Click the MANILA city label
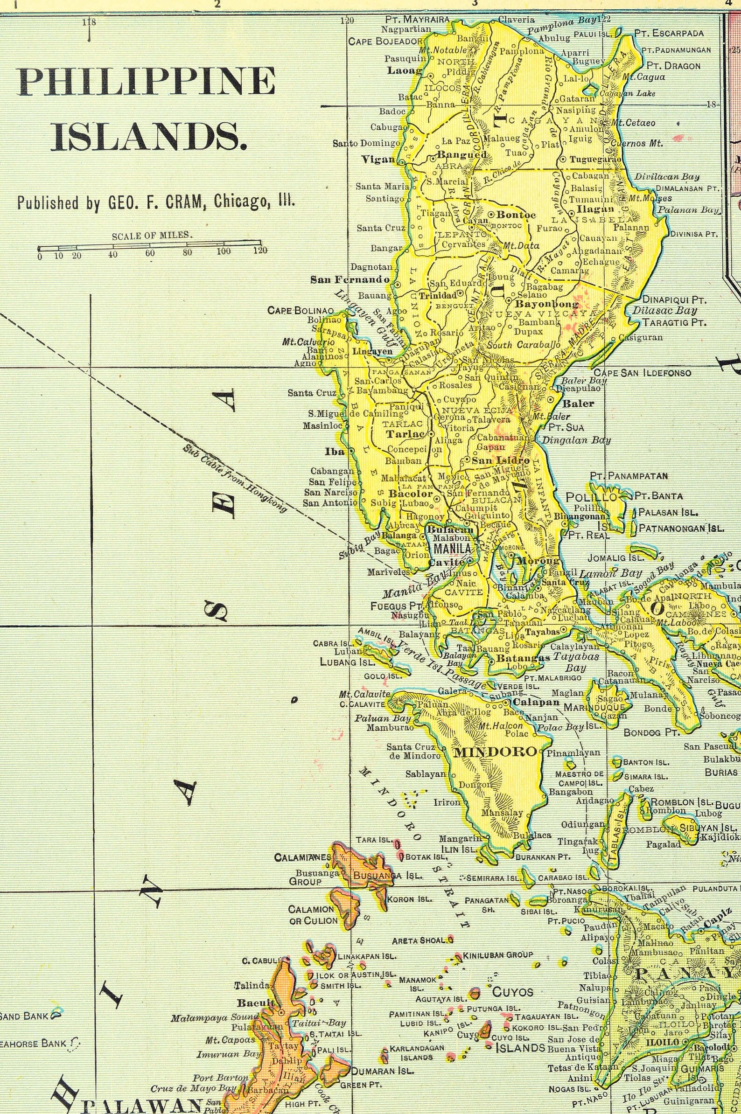pos(452,548)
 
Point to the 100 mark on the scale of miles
pos(224,251)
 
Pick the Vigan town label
pos(378,159)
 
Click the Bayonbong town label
pos(546,304)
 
